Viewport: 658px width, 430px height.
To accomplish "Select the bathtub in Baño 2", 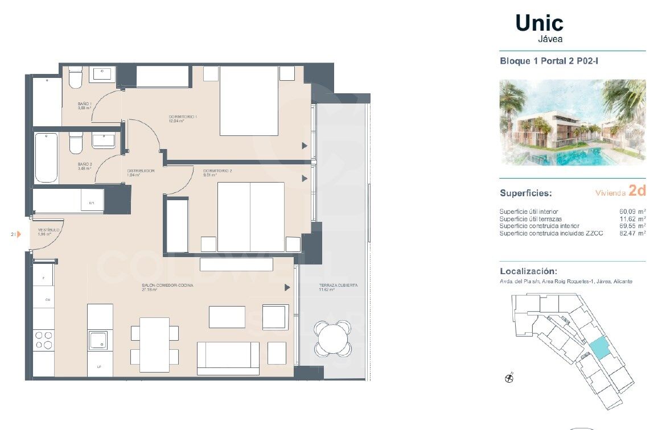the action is [46, 158].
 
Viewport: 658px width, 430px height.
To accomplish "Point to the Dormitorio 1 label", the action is [182, 117].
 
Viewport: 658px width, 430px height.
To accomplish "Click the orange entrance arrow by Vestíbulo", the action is [18, 234].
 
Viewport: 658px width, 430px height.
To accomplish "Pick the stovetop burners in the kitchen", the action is [43, 340].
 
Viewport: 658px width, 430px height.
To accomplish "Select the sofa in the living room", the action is [228, 358].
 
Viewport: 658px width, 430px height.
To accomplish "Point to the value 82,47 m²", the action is [632, 233].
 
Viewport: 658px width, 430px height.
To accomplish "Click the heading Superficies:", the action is [525, 193].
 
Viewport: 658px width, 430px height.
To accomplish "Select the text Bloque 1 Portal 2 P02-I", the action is [549, 60].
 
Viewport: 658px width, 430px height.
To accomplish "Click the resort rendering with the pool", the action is [572, 123].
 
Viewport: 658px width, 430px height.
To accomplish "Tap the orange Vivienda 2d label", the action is [620, 191].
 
